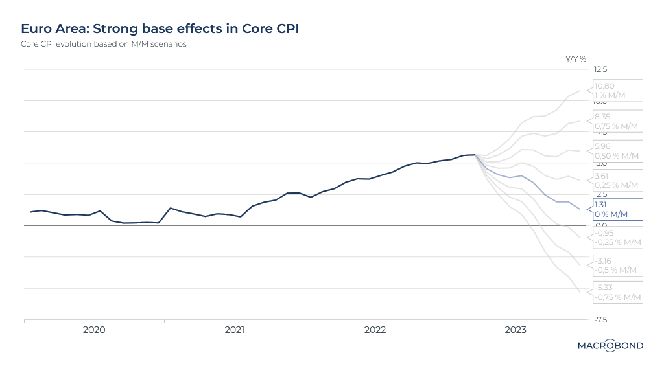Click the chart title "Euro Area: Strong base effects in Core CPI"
(160, 29)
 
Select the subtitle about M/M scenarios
(104, 45)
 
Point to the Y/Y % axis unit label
(576, 58)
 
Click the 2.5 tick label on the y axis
(601, 194)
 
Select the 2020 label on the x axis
(94, 330)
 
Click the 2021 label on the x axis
(235, 330)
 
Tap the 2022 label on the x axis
(375, 330)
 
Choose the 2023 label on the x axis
(516, 330)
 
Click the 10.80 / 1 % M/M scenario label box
(616, 91)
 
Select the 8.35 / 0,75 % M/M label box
(616, 121)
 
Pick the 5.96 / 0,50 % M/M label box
(616, 151)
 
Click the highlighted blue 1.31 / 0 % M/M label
(616, 209)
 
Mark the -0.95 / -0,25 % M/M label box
(616, 238)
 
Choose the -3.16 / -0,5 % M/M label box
(616, 266)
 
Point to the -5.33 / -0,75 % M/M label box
(616, 292)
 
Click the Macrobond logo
(610, 346)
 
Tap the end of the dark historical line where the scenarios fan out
(475, 155)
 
